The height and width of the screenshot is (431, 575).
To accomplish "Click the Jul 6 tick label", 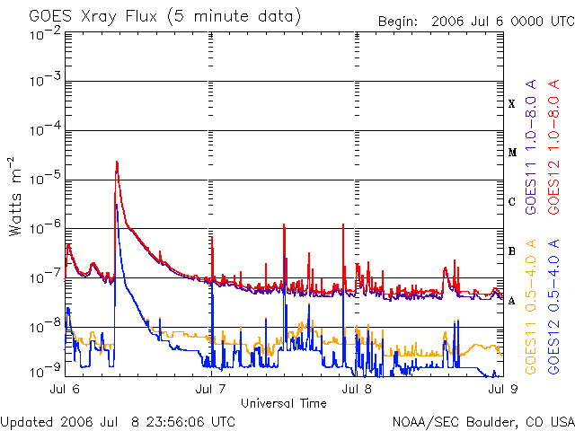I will point(64,389).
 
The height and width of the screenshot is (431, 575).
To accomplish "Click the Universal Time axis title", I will point(283,403).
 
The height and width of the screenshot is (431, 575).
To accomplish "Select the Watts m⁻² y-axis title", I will point(16,196).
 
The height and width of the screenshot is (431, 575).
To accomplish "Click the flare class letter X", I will point(512,104).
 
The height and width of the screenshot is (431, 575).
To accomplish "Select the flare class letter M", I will point(512,153).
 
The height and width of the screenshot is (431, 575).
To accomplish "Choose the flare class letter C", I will point(512,202).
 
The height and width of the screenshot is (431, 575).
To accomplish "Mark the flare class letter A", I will point(512,301).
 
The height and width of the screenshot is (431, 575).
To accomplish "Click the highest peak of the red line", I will point(117,162).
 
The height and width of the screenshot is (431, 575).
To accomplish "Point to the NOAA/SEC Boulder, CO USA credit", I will point(482,421).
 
